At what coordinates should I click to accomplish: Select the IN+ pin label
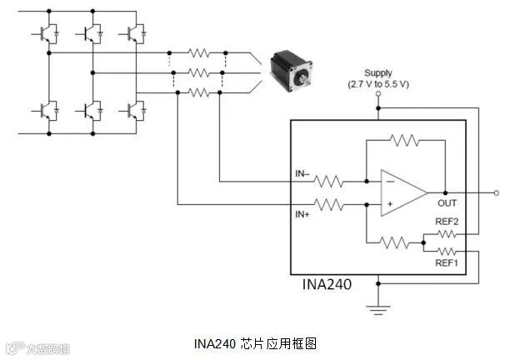coord(303,214)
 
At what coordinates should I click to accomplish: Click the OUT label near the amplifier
coord(447,202)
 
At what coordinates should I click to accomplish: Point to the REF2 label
coord(447,222)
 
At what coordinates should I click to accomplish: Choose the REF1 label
coord(447,262)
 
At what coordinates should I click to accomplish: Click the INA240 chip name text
coord(327,284)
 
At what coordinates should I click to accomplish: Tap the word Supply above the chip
coord(378,73)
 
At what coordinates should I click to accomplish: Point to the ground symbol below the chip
coord(378,311)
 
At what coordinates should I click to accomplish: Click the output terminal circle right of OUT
coord(497,192)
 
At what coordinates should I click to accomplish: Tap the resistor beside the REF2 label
coord(447,234)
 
